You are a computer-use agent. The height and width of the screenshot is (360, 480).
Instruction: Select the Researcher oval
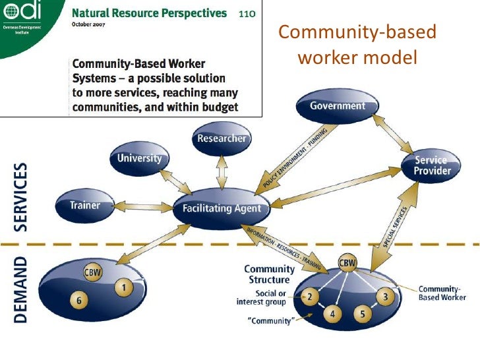point(222,138)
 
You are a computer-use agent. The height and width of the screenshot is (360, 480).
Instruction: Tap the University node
point(139,159)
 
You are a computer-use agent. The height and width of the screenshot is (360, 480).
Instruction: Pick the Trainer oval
point(85,205)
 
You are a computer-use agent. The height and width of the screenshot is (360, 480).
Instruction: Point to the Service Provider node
point(433,165)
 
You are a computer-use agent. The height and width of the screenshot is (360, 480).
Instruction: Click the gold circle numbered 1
point(123,287)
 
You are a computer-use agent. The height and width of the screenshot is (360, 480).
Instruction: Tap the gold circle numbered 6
point(79,301)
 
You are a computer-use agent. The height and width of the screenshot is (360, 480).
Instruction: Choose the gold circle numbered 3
point(385,297)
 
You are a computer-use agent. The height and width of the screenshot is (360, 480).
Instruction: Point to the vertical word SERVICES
point(21,196)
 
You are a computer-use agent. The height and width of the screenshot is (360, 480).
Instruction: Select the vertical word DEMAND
point(21,289)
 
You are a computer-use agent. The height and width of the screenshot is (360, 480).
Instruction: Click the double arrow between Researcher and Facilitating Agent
point(222,173)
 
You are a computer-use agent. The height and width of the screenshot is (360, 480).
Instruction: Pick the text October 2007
point(91,25)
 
